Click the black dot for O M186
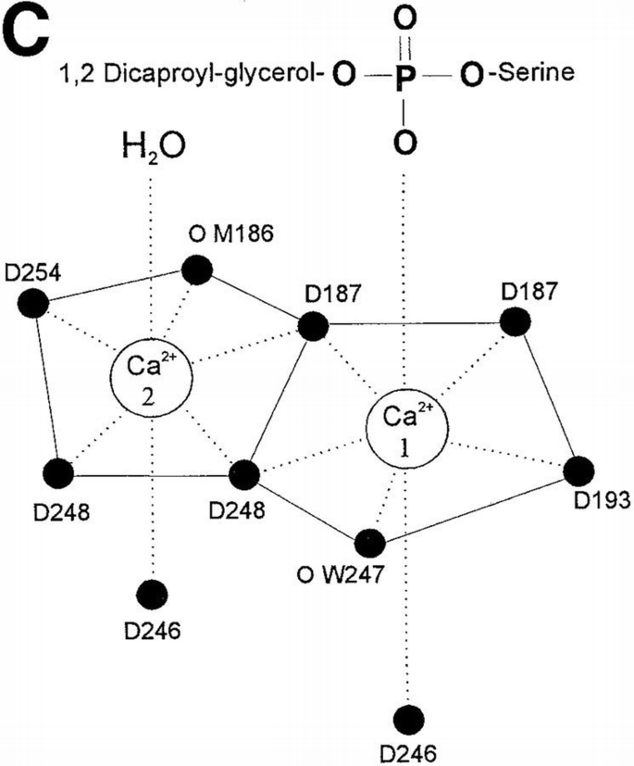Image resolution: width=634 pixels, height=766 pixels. click(196, 270)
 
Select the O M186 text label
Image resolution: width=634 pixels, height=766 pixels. click(223, 235)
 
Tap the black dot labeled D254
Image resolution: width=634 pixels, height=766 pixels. click(33, 302)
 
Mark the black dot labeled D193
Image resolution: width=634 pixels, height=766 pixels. click(579, 470)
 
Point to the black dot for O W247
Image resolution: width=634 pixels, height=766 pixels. click(369, 542)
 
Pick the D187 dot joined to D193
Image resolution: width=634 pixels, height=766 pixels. click(515, 322)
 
